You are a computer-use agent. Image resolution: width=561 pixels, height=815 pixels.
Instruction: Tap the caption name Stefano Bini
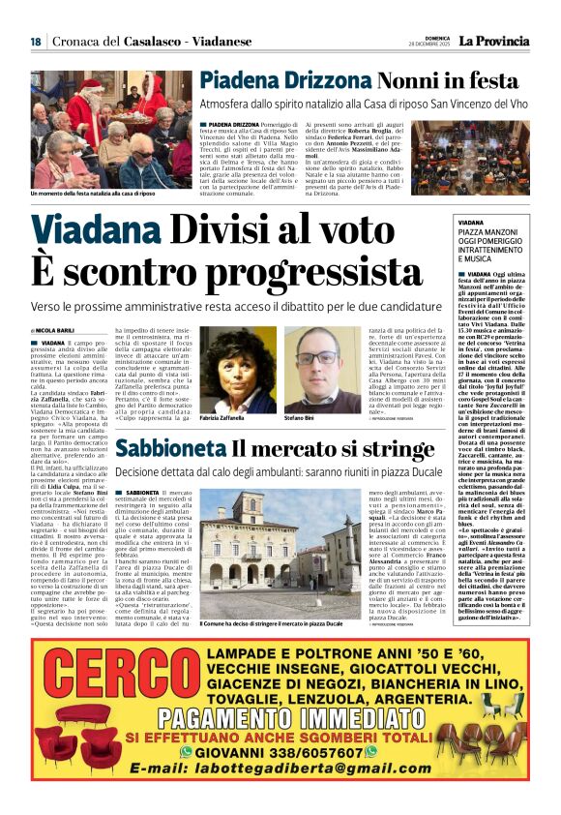click(x=300, y=417)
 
